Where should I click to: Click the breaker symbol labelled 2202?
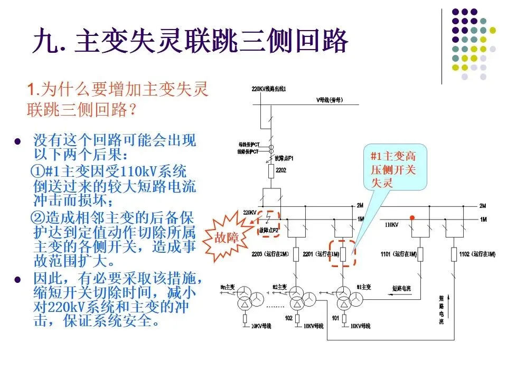click(x=270, y=172)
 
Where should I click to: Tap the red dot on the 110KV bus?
click(x=412, y=217)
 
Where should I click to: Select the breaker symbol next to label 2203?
click(x=296, y=254)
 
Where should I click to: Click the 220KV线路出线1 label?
click(x=269, y=89)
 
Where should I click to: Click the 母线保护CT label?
click(x=249, y=144)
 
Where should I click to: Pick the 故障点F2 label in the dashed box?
click(x=268, y=231)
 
